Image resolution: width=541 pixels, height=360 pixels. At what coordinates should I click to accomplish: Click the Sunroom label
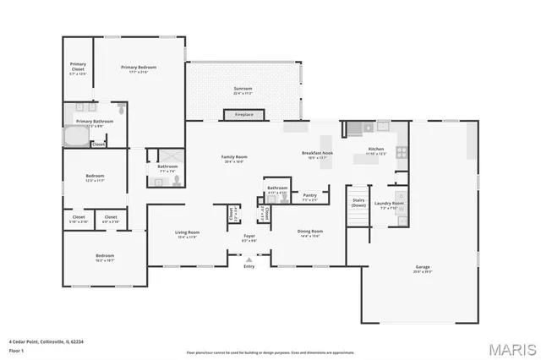click(243, 90)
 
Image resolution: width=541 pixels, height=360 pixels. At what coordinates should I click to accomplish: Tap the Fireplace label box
click(243, 114)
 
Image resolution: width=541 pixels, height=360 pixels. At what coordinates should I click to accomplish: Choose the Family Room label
click(234, 157)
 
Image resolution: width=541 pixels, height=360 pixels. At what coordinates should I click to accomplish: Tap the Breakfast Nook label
click(317, 153)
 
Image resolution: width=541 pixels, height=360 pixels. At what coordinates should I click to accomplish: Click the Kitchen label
click(375, 150)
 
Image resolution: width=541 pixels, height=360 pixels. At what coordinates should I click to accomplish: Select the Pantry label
click(309, 196)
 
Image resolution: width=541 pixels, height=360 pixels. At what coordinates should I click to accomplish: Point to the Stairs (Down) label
click(358, 203)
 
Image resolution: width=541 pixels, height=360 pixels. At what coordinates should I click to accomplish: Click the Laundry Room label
click(389, 205)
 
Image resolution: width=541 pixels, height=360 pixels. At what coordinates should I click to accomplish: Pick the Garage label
click(422, 270)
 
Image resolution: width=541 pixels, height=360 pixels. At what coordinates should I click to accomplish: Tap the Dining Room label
click(310, 232)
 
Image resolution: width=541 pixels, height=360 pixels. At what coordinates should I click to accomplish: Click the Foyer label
click(249, 237)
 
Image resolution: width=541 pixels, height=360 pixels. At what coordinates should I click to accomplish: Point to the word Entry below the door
click(249, 267)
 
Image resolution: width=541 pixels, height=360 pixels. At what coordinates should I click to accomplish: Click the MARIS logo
click(512, 348)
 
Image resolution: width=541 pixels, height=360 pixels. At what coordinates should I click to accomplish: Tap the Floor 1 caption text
click(17, 348)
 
